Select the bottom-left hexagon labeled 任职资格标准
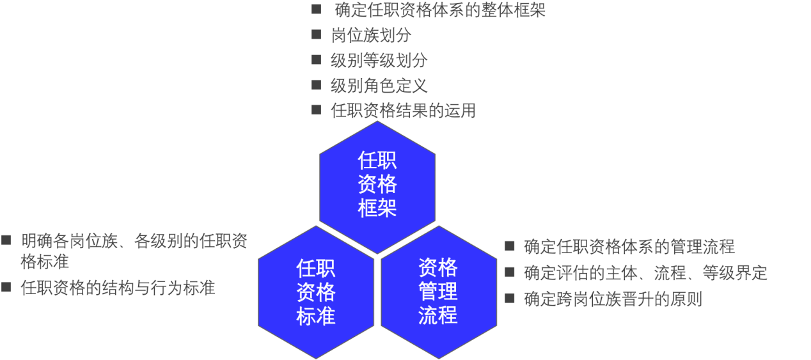(x=316, y=292)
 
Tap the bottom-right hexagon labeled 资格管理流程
(x=439, y=292)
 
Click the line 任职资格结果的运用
(x=403, y=111)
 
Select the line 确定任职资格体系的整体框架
(x=440, y=10)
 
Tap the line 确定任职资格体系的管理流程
(x=629, y=246)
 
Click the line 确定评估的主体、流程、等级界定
(x=645, y=273)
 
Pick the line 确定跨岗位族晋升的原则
(x=613, y=299)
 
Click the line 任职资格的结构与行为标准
(x=118, y=288)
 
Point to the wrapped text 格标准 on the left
(x=45, y=262)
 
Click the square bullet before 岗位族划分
(x=316, y=35)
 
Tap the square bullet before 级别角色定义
(x=316, y=84)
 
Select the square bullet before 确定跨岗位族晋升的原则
(x=509, y=297)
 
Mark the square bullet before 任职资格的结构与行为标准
(x=6, y=287)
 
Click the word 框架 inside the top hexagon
(x=377, y=208)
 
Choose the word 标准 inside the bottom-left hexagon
(x=316, y=316)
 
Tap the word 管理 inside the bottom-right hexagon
(x=439, y=292)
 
